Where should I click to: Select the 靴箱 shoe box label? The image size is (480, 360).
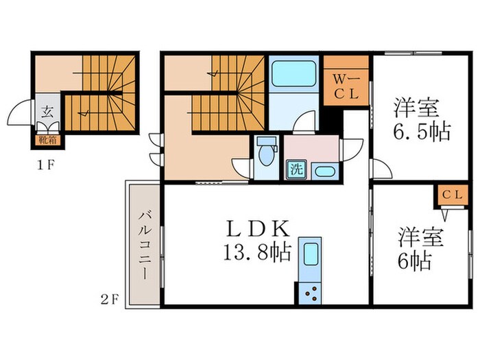click(x=45, y=142)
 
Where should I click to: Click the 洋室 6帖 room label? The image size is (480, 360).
click(x=419, y=248)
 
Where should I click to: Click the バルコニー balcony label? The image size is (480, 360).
click(x=145, y=244)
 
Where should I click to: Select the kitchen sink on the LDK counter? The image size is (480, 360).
click(x=311, y=254)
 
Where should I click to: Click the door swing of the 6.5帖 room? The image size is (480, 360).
click(x=379, y=169)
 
